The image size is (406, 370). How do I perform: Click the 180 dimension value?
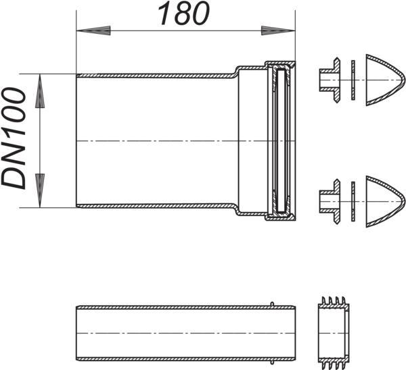click(x=183, y=14)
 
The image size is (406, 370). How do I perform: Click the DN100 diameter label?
click(x=14, y=138)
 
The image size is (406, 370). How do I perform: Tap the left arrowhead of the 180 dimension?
click(x=94, y=30)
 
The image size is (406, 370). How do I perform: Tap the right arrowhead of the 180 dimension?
click(x=278, y=30)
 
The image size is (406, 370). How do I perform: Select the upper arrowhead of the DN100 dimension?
click(x=40, y=90)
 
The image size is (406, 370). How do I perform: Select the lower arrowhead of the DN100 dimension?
click(x=40, y=190)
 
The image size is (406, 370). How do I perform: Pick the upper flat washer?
click(x=353, y=80)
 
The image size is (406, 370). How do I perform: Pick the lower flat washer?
click(x=353, y=201)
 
